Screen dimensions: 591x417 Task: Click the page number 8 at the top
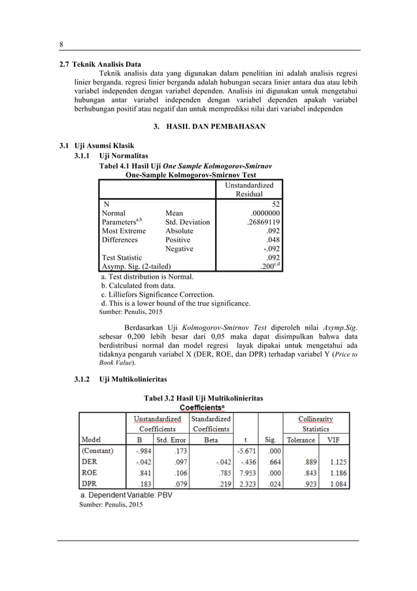pos(61,43)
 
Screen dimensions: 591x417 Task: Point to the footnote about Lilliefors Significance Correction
pos(156,295)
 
